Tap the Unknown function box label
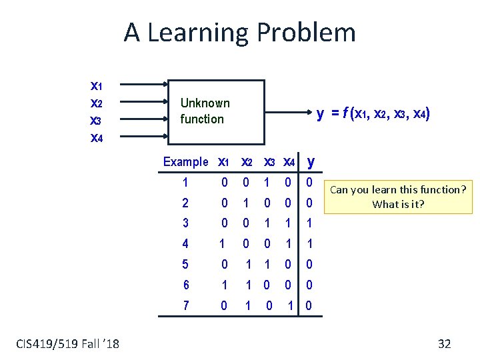tap(205, 111)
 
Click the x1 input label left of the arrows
tap(96, 85)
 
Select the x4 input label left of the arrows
tap(96, 138)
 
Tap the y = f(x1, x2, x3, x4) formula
tap(373, 114)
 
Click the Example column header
tap(186, 162)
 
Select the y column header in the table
tap(311, 161)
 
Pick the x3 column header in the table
tap(269, 162)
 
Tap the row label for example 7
tap(185, 305)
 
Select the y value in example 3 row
tap(310, 223)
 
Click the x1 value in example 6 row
tap(224, 285)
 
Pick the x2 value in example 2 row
tap(246, 203)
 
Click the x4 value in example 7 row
tap(290, 305)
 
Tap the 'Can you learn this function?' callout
tap(397, 197)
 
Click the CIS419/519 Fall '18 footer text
tap(67, 343)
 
